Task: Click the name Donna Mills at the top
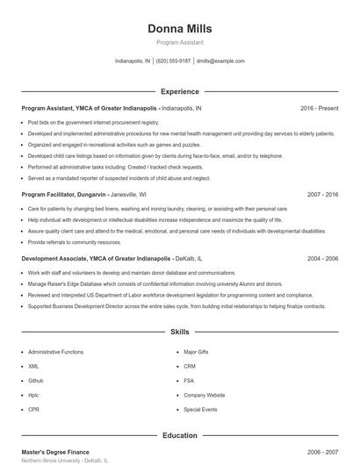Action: [179, 28]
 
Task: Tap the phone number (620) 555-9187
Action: [174, 61]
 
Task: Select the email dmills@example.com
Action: [220, 61]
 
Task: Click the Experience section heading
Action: [179, 91]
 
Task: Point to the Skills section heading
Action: [179, 333]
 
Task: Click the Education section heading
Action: [179, 435]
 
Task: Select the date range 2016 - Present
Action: [319, 108]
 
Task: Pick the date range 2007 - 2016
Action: [322, 194]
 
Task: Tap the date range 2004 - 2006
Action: [322, 259]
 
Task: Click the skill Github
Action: [36, 381]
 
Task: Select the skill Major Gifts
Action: [196, 352]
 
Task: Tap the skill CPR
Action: [33, 409]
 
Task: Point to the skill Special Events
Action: [200, 409]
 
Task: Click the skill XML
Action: [33, 366]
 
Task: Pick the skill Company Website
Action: [204, 395]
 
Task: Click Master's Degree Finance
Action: [56, 451]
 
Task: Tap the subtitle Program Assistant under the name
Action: [179, 42]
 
